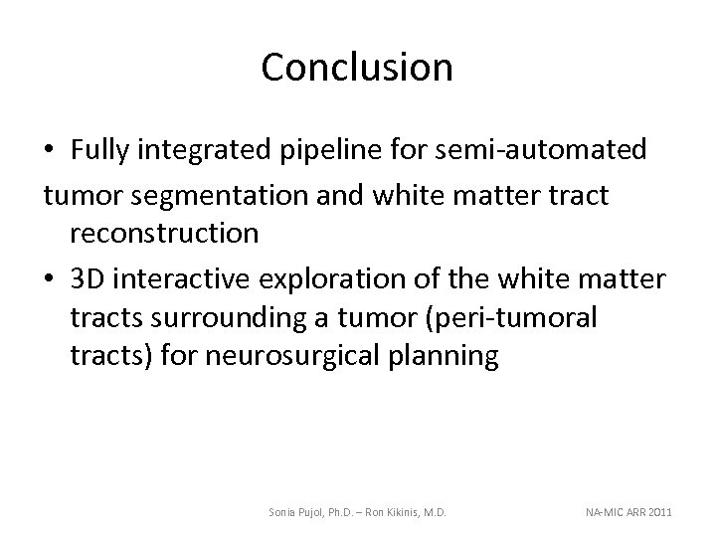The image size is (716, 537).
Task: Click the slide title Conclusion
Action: click(x=357, y=67)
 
